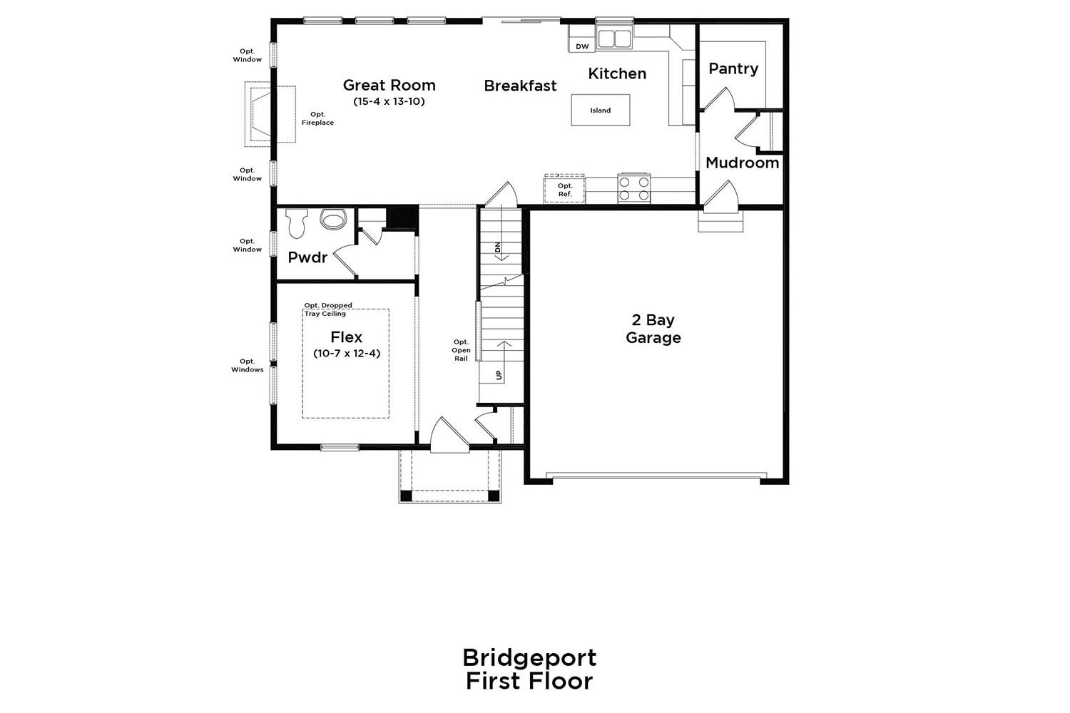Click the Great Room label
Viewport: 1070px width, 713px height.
[389, 86]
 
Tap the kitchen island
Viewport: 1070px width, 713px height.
[601, 110]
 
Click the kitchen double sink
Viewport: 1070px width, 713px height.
[614, 39]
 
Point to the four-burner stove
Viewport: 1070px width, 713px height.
[634, 188]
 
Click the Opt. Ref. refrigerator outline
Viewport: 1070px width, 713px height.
[564, 189]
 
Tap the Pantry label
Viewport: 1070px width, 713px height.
[733, 68]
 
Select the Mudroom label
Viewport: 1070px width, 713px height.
[743, 163]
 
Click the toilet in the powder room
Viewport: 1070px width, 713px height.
[297, 223]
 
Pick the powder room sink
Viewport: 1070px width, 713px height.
[332, 220]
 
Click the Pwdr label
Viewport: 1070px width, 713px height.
[307, 257]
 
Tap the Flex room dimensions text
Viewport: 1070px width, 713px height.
[347, 354]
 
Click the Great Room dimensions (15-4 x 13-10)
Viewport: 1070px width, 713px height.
[389, 101]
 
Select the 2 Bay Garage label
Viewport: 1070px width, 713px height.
[653, 329]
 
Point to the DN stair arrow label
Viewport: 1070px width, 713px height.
[498, 247]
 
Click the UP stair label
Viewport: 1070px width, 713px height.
[499, 375]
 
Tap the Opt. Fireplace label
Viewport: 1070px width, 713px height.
[317, 118]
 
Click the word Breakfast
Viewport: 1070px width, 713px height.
[520, 86]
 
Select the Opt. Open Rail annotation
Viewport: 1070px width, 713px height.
[461, 350]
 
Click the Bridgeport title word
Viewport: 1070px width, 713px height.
[529, 659]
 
